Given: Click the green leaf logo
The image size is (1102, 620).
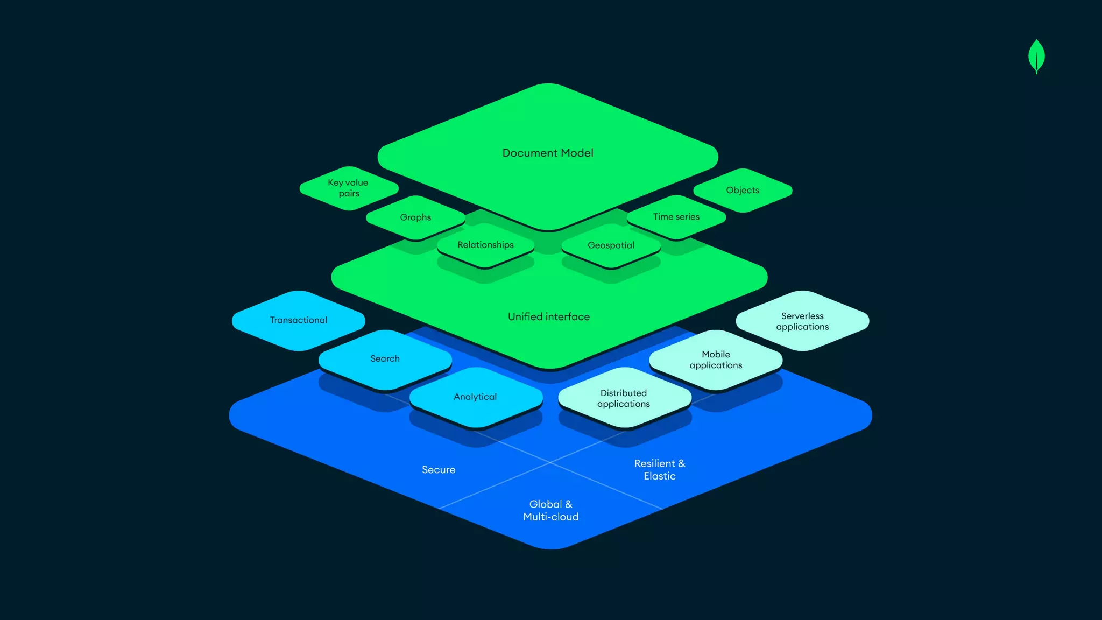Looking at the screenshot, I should point(1036,56).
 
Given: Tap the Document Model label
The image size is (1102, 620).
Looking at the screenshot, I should point(548,153).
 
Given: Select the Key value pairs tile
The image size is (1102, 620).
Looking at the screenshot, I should point(349,188).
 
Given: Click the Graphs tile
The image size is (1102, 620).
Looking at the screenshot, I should point(415,217).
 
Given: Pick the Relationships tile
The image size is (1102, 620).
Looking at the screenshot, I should point(485,245).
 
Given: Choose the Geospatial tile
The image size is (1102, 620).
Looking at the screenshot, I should point(611,245).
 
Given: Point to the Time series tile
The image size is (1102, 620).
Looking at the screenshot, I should point(676,217).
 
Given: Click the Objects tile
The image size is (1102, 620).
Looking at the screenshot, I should point(743,190).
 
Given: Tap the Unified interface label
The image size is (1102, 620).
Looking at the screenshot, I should point(549,317).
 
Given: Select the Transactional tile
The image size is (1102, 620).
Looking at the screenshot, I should point(299,320).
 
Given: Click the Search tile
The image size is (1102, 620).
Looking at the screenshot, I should point(385,358).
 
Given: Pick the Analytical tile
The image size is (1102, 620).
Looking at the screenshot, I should point(475,397).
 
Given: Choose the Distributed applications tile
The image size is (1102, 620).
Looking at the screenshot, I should point(624,398).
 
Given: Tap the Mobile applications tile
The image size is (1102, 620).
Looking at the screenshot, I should point(716,360).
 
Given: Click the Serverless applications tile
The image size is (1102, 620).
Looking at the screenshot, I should point(802,321).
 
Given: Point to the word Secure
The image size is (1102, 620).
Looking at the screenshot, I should point(439,470).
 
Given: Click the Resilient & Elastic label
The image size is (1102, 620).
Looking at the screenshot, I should point(660,469).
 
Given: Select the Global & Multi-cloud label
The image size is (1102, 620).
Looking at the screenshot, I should point(551,510).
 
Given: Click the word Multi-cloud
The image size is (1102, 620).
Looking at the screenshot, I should point(551,517).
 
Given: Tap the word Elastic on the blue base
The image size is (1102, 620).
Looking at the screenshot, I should point(660,476).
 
